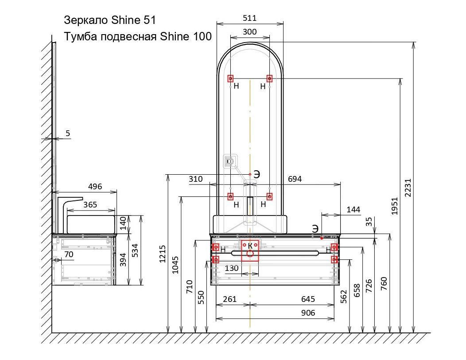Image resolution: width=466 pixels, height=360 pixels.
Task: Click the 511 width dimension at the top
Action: [x=249, y=18]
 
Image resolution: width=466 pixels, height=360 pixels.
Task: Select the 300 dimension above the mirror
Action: [x=250, y=32]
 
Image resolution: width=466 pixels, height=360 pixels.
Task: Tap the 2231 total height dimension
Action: [x=408, y=188]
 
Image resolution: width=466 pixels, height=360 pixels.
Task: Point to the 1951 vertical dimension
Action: [x=394, y=206]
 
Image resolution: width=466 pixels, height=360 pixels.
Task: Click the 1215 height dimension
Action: [x=162, y=254]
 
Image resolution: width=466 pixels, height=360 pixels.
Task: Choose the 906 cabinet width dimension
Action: [x=308, y=313]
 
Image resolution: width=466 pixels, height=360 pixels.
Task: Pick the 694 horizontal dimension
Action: [x=295, y=179]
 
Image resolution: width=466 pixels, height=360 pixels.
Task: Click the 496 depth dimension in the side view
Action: [x=95, y=187]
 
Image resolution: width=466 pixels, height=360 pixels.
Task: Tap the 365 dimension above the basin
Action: [x=90, y=205]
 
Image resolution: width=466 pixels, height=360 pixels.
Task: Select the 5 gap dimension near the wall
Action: [x=68, y=133]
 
